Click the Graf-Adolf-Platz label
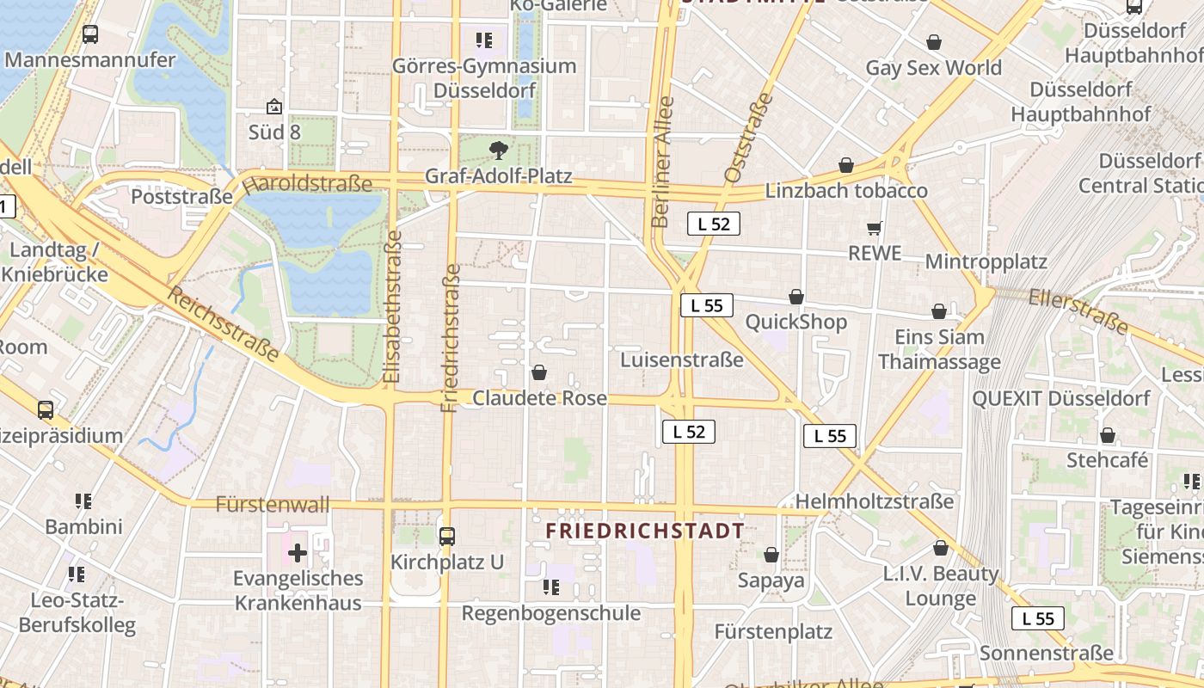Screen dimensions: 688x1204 [x=499, y=176]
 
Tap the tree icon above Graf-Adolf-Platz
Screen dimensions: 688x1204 [x=498, y=151]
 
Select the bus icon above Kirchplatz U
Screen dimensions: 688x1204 [x=446, y=537]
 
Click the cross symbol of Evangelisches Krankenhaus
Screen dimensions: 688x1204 [x=298, y=552]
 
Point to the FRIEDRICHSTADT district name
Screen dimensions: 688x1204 [x=645, y=531]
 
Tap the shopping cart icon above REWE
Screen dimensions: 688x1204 [x=875, y=228]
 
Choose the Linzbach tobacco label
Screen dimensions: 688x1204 [x=846, y=190]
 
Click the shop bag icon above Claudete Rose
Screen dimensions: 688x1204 [x=539, y=372]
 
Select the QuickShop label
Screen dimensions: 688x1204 [x=796, y=322]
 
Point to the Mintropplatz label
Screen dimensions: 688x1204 [x=986, y=261]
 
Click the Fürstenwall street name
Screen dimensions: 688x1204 [x=273, y=504]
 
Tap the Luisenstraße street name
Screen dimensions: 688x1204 [x=682, y=359]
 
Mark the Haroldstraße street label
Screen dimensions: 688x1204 [x=307, y=183]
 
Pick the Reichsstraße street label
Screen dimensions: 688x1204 [x=223, y=324]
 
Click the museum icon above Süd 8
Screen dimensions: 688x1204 [x=273, y=107]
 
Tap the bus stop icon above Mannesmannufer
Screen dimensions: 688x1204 [x=90, y=34]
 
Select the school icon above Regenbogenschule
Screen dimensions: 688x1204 [x=551, y=587]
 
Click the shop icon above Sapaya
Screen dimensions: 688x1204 [x=771, y=555]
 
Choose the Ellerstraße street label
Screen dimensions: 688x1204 [x=1078, y=310]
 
